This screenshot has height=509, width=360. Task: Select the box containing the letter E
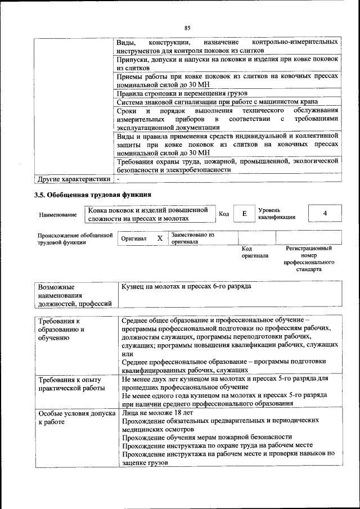(244, 214)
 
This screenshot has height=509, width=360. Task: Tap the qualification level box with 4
(325, 214)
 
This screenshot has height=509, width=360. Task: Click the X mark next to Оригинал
(160, 238)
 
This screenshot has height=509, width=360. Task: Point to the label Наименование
(58, 215)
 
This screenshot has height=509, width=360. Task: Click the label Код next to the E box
(223, 214)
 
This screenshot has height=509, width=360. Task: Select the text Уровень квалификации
(277, 214)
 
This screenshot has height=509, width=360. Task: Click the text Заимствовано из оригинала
(193, 238)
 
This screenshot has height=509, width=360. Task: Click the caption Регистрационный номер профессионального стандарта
(308, 259)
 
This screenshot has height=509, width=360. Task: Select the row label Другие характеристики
(73, 179)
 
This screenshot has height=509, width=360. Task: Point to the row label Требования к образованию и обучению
(61, 329)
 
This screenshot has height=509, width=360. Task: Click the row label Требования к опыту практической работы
(71, 384)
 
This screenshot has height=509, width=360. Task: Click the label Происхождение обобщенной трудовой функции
(75, 238)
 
